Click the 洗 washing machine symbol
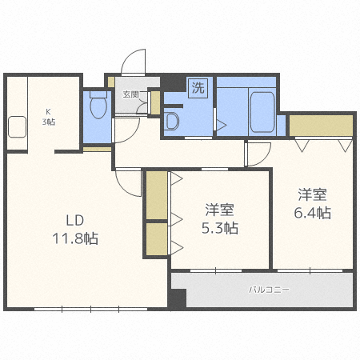click(x=198, y=88)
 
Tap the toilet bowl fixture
click(x=98, y=106)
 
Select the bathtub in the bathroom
click(x=262, y=112)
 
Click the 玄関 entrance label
click(x=130, y=94)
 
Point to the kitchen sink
click(x=17, y=127)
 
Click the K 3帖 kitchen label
click(x=49, y=117)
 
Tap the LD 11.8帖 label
click(x=75, y=230)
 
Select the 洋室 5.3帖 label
click(x=220, y=219)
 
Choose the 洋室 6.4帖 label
click(x=312, y=204)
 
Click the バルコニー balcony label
click(x=269, y=290)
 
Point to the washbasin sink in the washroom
click(x=171, y=122)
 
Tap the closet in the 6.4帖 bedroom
click(x=321, y=126)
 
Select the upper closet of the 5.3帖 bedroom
click(x=157, y=195)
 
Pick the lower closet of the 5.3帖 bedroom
click(x=157, y=239)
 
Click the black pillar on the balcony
click(x=177, y=298)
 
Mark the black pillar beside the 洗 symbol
click(x=173, y=82)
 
